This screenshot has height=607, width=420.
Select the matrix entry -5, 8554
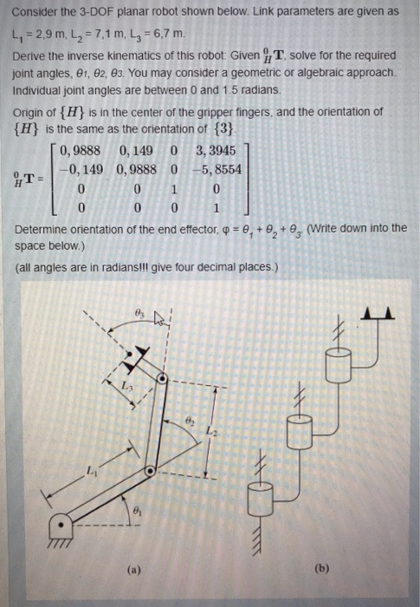click(216, 170)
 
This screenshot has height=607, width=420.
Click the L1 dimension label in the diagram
click(91, 470)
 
